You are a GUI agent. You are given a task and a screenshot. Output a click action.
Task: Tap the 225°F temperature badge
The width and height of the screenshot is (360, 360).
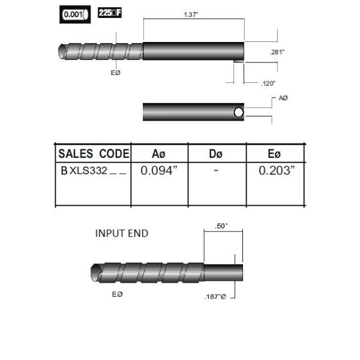(x=109, y=13)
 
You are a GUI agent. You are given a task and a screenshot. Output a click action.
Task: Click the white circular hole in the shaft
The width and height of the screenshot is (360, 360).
(x=238, y=112)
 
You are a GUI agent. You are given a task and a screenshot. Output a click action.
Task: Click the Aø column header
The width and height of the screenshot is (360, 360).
(x=159, y=154)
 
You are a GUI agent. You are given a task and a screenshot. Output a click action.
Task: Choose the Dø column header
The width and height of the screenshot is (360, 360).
(x=216, y=154)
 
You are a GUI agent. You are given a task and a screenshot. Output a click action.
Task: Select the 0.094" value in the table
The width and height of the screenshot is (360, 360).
(x=159, y=170)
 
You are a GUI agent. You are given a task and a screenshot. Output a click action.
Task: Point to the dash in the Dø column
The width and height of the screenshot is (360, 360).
(x=216, y=170)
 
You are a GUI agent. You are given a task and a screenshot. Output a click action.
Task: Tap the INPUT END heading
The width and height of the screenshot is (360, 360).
(x=121, y=233)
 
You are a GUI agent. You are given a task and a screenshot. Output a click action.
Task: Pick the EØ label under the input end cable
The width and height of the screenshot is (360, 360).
(x=118, y=294)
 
